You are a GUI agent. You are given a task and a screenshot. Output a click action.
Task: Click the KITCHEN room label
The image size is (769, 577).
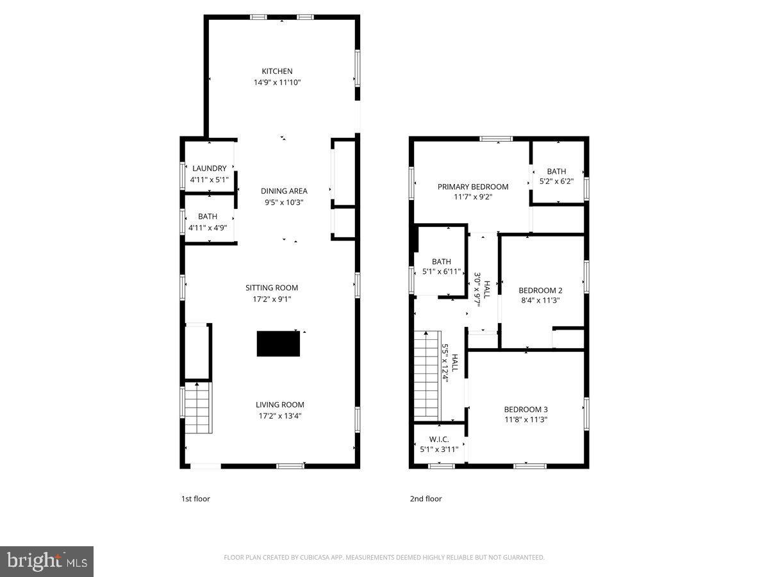277,71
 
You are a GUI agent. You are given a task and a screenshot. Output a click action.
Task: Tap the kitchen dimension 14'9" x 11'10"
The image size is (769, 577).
277,83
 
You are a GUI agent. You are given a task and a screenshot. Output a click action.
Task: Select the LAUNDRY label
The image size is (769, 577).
209,169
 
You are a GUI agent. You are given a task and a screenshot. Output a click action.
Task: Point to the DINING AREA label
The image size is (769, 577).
284,191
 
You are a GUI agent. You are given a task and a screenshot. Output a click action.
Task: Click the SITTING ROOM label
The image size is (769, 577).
272,288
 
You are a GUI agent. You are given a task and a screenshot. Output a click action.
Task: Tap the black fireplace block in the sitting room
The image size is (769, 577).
278,344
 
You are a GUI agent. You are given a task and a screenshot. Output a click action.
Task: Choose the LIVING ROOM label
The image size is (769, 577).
279,405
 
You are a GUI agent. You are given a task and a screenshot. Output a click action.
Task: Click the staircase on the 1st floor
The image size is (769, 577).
197,409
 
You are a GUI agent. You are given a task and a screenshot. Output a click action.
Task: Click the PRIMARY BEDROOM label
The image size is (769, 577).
473,187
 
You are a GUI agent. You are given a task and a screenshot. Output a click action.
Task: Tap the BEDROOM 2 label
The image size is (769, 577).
540,290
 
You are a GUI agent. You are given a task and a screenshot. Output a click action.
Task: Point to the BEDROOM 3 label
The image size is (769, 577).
525,409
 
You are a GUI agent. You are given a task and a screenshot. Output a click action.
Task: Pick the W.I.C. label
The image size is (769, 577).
439,439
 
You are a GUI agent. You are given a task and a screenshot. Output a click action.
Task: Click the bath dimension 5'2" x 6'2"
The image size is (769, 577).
556,181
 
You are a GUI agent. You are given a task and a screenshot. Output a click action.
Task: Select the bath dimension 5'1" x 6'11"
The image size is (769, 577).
442,272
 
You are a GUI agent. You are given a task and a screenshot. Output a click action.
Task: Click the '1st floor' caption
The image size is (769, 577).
195,499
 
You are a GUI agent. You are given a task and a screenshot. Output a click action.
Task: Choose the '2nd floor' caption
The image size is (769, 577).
426,499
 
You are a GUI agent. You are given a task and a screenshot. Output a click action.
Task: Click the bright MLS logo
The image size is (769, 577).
47,562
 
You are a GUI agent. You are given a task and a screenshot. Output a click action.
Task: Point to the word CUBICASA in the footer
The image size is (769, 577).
317,558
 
